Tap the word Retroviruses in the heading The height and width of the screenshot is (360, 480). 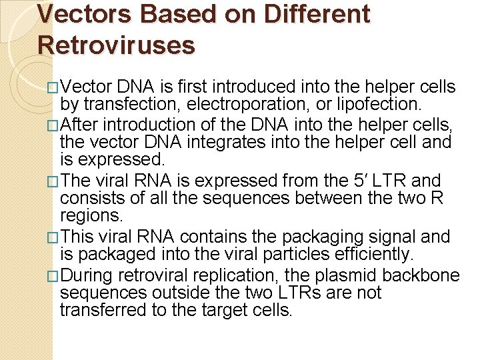pyautogui.click(x=117, y=45)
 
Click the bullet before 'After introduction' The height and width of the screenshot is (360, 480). pyautogui.click(x=53, y=125)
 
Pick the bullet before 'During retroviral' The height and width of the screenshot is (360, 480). pyautogui.click(x=53, y=276)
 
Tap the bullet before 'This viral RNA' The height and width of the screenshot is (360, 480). pyautogui.click(x=53, y=237)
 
